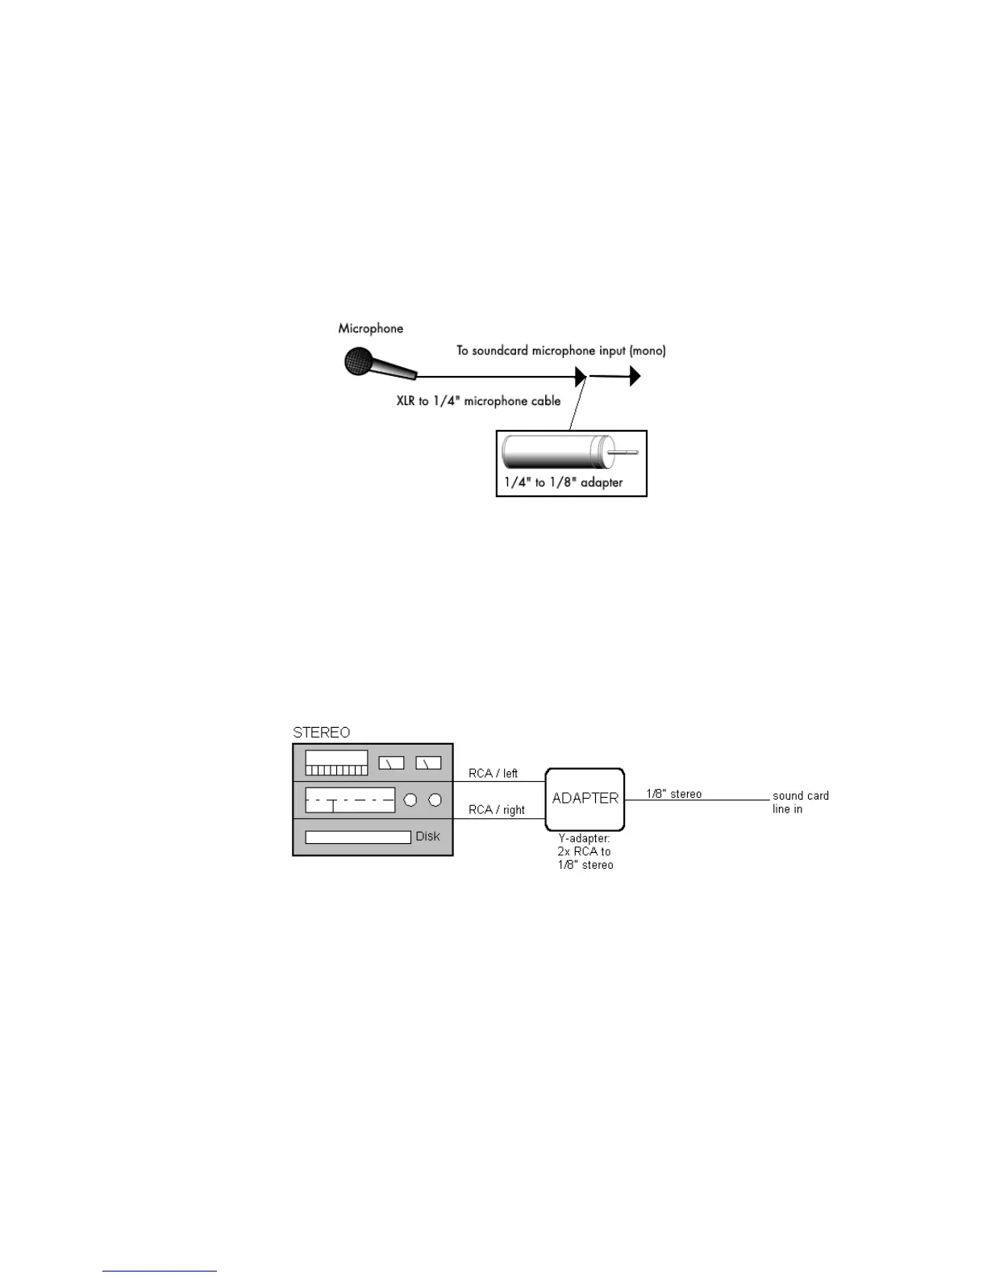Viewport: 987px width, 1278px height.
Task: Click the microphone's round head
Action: [357, 361]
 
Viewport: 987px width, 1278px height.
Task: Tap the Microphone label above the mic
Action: [371, 328]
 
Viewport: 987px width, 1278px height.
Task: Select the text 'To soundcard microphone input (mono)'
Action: [561, 350]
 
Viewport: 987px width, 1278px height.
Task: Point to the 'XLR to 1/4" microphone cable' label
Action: [478, 401]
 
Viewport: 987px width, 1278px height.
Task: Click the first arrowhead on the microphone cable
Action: [581, 376]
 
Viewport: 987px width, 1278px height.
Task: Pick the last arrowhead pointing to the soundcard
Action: [635, 376]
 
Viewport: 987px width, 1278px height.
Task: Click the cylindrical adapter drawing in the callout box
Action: [556, 453]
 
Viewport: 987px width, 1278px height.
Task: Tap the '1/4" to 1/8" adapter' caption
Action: [564, 482]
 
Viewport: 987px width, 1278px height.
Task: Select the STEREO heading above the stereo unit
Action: [322, 733]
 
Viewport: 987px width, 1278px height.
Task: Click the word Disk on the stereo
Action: [427, 837]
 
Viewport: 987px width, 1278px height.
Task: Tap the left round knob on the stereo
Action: [410, 800]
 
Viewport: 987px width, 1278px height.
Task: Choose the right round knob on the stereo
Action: [435, 800]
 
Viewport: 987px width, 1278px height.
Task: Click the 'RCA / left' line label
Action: [493, 773]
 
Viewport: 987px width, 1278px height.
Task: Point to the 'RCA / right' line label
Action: [497, 810]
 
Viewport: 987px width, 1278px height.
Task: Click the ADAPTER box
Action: [585, 799]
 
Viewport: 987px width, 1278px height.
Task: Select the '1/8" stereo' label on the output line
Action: [674, 794]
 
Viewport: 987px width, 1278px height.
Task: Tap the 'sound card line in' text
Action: [801, 802]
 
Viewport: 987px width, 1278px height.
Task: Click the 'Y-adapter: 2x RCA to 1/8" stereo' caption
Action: [585, 852]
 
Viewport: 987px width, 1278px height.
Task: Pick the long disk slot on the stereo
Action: [358, 837]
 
